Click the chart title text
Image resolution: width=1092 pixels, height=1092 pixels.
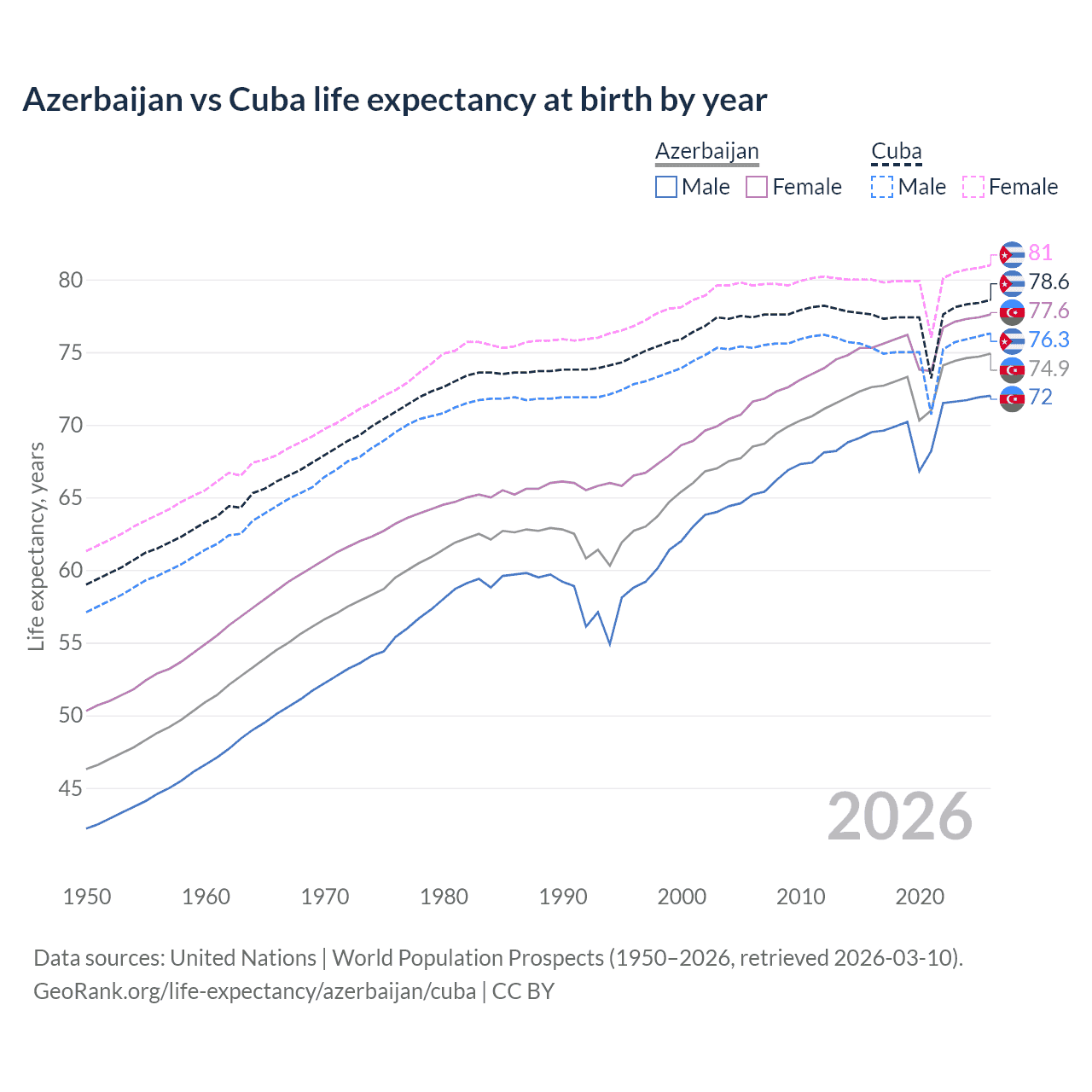coord(394,100)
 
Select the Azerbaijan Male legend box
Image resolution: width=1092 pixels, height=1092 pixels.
coord(666,187)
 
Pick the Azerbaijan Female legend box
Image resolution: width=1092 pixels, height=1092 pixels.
coord(757,187)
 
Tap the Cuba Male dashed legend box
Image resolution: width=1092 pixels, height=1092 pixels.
coord(882,187)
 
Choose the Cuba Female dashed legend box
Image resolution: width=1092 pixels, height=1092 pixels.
coord(973,187)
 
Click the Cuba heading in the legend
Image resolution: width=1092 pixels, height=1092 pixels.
coord(896,152)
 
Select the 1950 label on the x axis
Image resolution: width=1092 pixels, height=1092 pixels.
coord(87,897)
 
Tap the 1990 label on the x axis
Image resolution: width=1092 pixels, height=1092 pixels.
coord(563,897)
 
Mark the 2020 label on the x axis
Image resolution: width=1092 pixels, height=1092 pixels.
coord(920,897)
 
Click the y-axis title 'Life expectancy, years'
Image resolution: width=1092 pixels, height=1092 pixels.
coord(37,546)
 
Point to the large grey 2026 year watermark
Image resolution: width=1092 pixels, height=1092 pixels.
coord(900,817)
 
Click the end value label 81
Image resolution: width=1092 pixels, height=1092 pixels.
coord(1040,253)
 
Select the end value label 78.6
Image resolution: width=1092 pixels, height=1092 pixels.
coord(1048,282)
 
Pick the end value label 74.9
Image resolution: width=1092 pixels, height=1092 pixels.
coord(1048,369)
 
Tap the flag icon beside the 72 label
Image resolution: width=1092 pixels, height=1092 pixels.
coord(1012,398)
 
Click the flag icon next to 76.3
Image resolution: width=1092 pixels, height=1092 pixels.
coord(1012,340)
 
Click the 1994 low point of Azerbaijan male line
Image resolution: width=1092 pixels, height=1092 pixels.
coord(610,644)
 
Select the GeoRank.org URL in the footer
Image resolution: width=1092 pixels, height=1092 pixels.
coord(254,991)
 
